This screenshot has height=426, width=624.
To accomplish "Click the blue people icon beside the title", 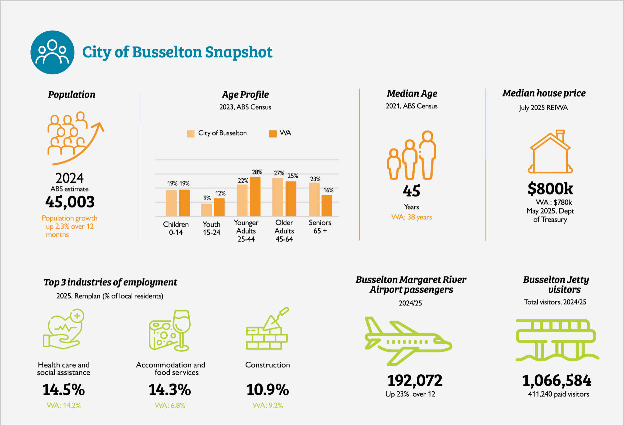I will (x=52, y=52).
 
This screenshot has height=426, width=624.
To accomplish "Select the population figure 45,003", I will (x=70, y=202).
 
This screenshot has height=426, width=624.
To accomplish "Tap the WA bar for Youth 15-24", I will (x=219, y=207).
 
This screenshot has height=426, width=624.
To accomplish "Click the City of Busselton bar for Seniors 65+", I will (x=314, y=199).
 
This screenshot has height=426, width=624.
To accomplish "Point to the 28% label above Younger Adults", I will (x=257, y=172).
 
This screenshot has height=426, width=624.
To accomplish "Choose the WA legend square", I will (x=273, y=134).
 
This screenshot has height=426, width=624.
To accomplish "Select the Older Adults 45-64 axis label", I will (x=284, y=230).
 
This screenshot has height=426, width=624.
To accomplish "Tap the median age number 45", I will (x=411, y=191).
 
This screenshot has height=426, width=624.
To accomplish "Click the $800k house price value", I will (x=550, y=189).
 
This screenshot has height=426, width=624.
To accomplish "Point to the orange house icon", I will (x=550, y=153).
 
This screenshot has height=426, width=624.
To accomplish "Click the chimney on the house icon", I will (x=560, y=135).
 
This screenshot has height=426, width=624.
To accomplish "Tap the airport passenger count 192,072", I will (x=415, y=380).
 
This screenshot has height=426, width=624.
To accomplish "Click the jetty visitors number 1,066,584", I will (x=556, y=380).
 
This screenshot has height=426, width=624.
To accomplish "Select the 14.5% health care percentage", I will (x=63, y=390).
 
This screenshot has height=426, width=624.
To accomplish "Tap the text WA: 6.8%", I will (x=170, y=405).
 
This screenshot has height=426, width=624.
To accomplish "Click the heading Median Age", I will (x=412, y=94).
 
